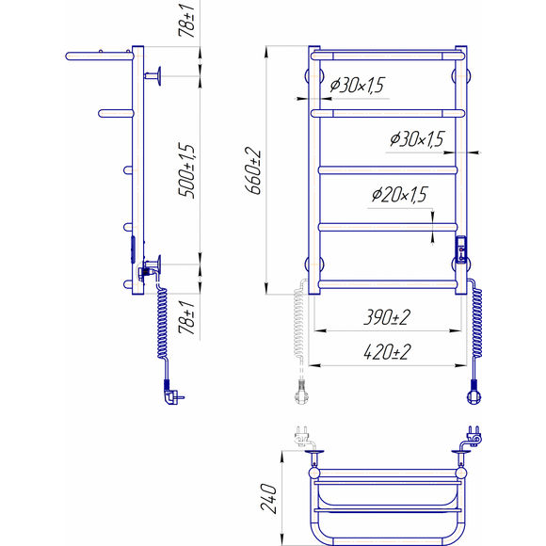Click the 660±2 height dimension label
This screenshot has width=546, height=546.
(253, 170)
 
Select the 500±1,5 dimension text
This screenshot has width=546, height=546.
(186, 170)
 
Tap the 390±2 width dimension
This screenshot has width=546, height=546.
(387, 317)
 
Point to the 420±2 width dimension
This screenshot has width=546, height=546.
(387, 352)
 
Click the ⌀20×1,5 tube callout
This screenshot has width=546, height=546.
(399, 194)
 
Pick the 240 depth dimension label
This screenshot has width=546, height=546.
(269, 498)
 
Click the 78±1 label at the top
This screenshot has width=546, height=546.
(186, 20)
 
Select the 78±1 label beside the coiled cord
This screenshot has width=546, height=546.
(186, 317)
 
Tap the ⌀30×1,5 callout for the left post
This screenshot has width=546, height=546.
(357, 85)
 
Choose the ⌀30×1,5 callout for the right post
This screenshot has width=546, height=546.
(417, 139)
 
